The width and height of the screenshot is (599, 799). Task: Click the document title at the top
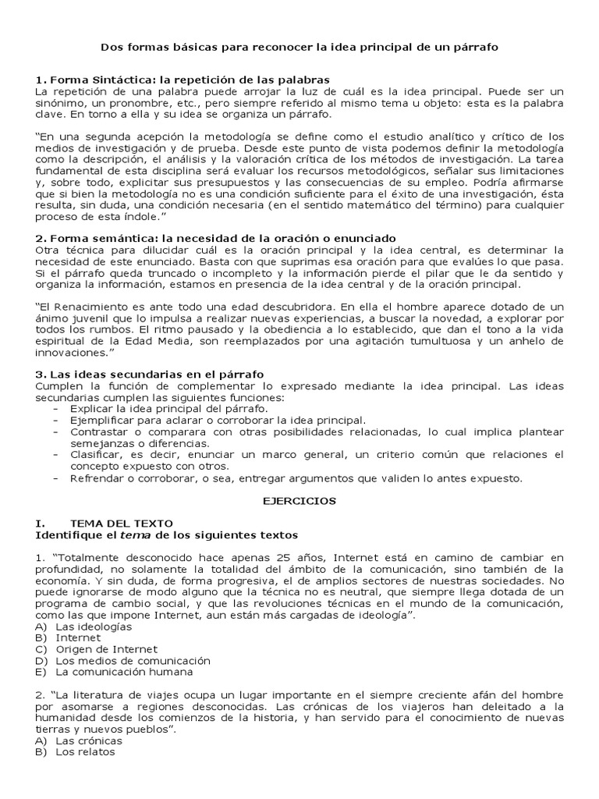tap(299, 48)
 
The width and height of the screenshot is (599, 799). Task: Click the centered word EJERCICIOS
tap(299, 501)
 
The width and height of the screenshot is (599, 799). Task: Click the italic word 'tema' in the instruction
tap(133, 534)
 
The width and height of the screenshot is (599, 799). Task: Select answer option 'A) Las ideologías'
tap(83, 627)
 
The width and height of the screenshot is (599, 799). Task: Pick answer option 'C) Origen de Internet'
tap(97, 649)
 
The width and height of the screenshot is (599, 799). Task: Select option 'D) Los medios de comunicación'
tap(123, 661)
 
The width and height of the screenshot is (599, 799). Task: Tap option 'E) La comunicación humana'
tap(114, 672)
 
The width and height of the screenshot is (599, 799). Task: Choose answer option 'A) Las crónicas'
tap(79, 740)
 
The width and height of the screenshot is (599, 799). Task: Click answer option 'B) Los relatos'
tap(76, 752)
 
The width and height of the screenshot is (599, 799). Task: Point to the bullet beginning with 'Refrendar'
tap(296, 478)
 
